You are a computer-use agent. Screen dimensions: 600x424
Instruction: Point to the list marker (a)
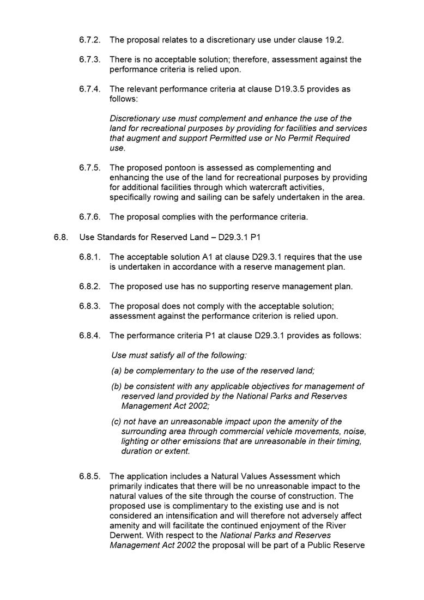click(x=117, y=371)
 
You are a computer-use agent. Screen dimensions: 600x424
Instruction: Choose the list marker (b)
click(x=117, y=386)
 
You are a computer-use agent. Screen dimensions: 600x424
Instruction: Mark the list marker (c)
click(x=116, y=422)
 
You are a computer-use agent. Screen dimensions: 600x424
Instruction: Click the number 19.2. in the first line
click(x=335, y=40)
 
